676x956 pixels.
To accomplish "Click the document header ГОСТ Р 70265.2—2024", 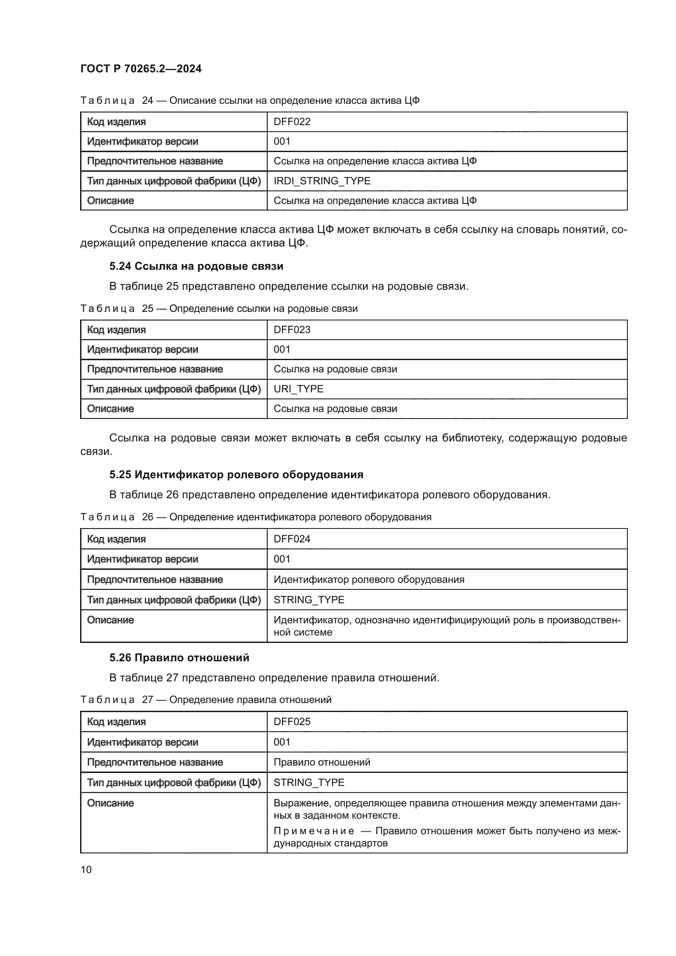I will click(141, 69).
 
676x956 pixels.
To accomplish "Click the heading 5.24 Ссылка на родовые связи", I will click(196, 266).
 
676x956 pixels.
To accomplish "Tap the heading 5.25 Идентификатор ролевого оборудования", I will click(236, 475).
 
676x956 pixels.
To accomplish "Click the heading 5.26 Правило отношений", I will click(179, 658).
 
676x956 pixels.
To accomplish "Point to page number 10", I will click(86, 869).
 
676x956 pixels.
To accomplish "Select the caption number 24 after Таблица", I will click(148, 101).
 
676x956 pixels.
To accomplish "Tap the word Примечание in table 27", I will click(313, 831).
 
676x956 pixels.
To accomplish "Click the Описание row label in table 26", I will click(110, 620).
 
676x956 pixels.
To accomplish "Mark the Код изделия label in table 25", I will click(116, 330).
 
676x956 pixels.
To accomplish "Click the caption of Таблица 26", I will click(255, 517).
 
